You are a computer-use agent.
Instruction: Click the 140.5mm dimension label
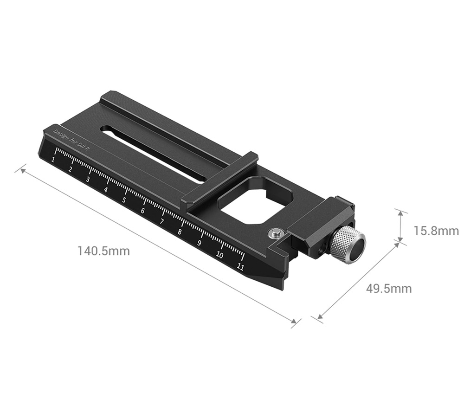(104, 251)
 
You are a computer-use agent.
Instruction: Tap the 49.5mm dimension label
(389, 289)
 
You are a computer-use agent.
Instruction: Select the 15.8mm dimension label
(436, 230)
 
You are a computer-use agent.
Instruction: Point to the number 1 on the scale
(54, 160)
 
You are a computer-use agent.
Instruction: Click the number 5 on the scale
(124, 200)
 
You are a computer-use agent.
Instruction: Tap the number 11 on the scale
(240, 266)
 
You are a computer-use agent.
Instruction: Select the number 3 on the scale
(88, 180)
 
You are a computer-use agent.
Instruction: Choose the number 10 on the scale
(219, 255)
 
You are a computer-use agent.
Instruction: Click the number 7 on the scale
(162, 221)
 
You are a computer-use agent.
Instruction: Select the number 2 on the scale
(71, 169)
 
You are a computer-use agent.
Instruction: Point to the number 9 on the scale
(199, 243)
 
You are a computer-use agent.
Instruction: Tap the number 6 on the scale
(142, 211)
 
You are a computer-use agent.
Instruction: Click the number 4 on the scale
(106, 189)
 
